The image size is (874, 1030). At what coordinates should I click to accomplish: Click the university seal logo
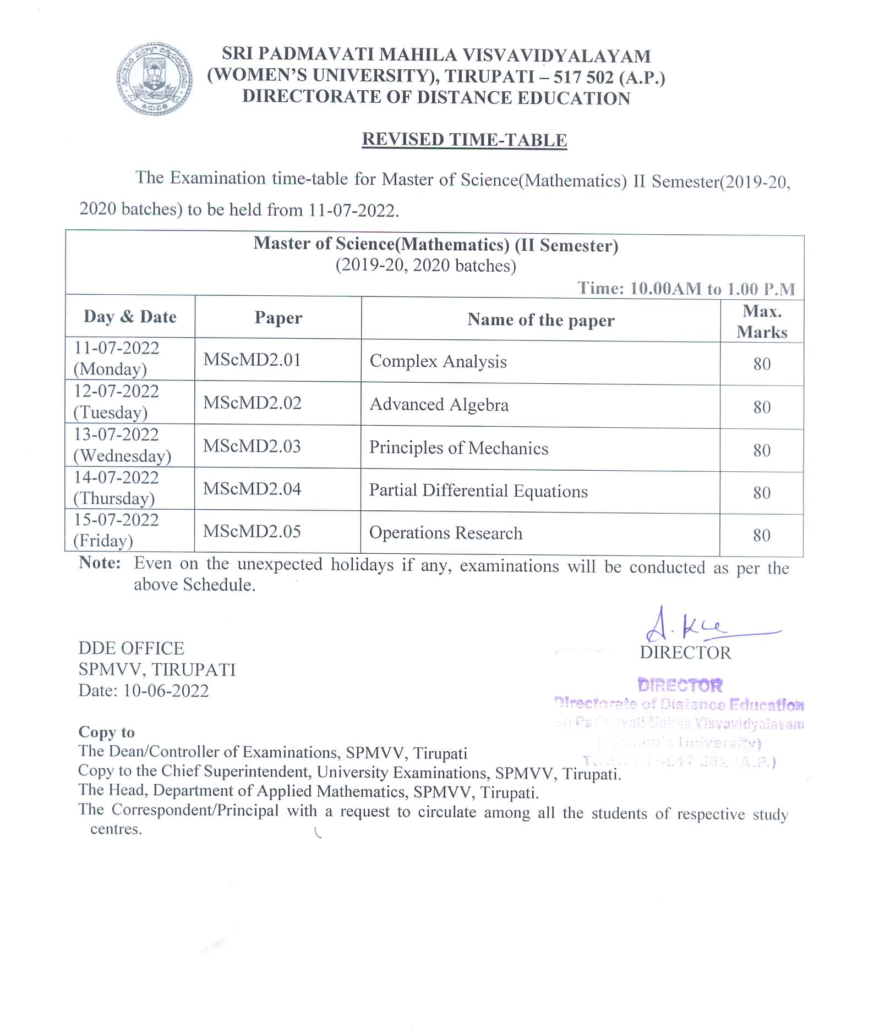click(155, 79)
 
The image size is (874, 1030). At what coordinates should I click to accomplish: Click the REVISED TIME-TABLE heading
click(464, 140)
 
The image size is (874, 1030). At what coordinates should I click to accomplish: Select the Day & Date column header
click(130, 317)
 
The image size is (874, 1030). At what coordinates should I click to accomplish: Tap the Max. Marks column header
click(762, 322)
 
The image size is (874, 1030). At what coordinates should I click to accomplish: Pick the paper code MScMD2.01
click(252, 360)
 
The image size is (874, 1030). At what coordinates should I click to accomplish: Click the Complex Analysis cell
click(438, 361)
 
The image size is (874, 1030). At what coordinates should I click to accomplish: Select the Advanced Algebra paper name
click(439, 405)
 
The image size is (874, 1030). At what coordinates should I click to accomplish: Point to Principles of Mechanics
click(458, 448)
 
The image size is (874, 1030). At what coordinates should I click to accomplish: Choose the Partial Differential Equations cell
click(478, 491)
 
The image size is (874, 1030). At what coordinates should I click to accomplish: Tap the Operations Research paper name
click(446, 533)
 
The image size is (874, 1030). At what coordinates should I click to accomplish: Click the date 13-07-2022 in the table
click(117, 434)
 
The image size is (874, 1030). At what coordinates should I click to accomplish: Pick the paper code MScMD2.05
click(252, 531)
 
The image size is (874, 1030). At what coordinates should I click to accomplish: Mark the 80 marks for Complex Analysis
click(762, 364)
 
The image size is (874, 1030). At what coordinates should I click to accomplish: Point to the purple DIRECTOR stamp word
click(680, 685)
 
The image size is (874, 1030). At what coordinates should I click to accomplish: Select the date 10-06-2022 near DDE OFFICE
click(166, 691)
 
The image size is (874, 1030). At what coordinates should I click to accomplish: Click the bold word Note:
click(100, 563)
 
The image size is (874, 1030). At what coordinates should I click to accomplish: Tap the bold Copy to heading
click(106, 732)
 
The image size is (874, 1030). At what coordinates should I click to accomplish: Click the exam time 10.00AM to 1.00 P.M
click(712, 289)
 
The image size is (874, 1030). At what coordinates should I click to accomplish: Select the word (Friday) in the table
click(103, 541)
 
